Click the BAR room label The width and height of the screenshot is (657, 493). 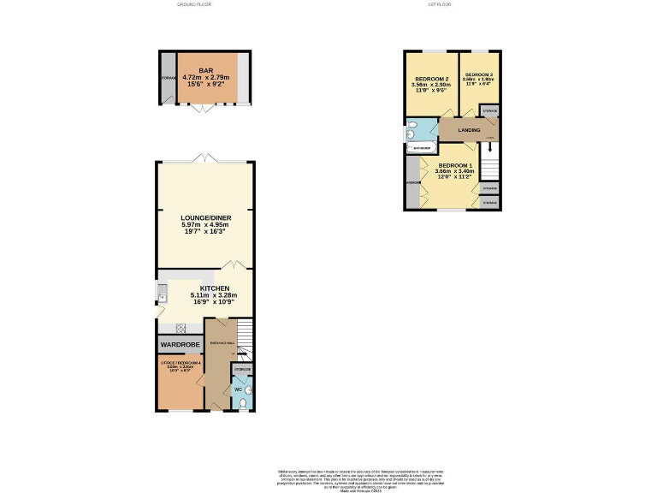coord(205,71)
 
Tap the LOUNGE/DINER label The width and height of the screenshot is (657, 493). coord(205,218)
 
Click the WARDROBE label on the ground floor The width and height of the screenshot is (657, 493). coord(180,345)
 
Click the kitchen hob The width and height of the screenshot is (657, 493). coord(181,328)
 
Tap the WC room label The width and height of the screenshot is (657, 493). coord(238,390)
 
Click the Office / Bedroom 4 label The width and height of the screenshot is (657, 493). coord(180,364)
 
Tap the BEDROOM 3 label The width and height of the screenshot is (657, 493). coord(479,74)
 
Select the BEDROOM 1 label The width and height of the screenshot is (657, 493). coord(454,165)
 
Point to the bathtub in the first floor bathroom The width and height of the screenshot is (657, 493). coord(422,148)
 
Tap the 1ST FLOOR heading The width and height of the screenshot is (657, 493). coord(439,4)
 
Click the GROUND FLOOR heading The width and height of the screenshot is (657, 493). coord(193,4)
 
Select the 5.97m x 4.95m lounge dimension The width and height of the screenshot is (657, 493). coord(205,225)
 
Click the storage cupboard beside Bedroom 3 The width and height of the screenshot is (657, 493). coord(490,111)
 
